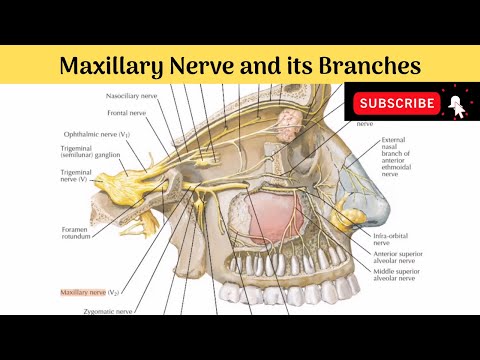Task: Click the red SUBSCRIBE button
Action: [398, 103]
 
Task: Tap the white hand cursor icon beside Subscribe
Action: [456, 105]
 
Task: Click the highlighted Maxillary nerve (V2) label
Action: [90, 291]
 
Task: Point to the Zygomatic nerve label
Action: [105, 311]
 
